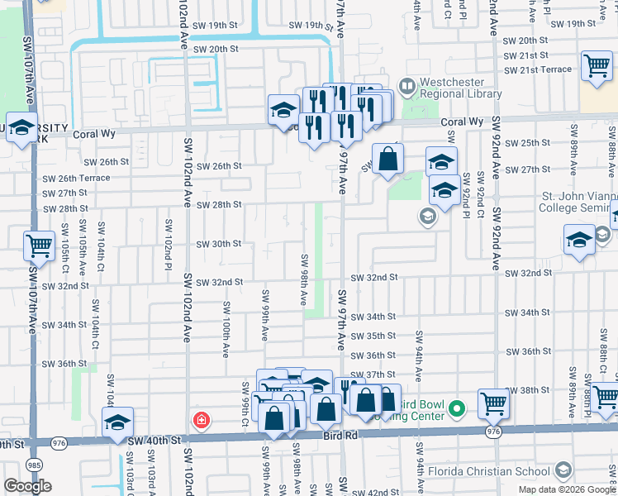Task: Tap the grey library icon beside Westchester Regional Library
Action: click(406, 85)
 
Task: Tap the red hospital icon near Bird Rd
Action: click(201, 421)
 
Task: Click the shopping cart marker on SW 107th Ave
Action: click(39, 246)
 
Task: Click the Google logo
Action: click(27, 485)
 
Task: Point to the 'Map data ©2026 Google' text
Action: click(567, 489)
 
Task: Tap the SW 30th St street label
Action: click(218, 244)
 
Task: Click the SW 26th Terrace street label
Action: click(76, 178)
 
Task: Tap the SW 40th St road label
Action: click(154, 441)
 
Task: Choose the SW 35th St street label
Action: click(373, 336)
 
